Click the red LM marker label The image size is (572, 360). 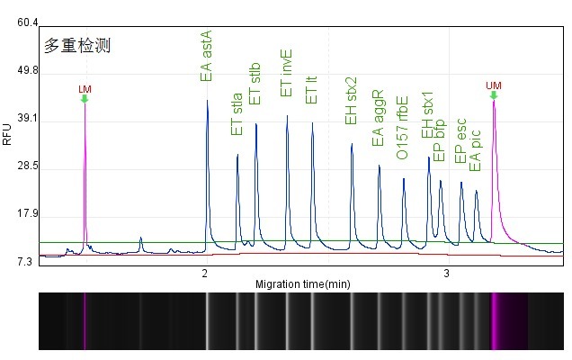85,88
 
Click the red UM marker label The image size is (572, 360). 493,85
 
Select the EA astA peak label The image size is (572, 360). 207,55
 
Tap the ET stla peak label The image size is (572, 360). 237,115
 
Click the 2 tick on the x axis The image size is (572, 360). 205,273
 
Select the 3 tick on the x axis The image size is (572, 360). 447,273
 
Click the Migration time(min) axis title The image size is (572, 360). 302,284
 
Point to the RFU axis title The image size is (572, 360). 8,134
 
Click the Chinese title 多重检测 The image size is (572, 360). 76,44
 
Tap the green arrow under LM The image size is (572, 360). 85,98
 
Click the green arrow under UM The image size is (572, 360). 494,95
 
